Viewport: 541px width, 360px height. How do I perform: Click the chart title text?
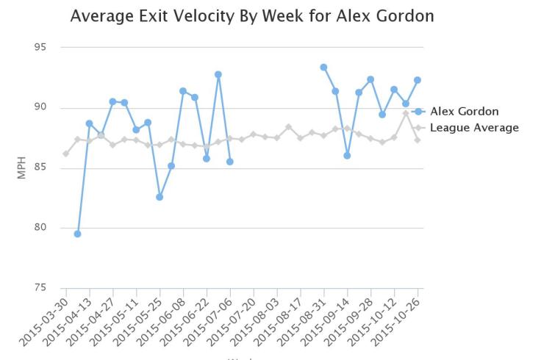252,15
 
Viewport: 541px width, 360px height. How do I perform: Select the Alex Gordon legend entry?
464,112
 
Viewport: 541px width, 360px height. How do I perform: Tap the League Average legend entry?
474,128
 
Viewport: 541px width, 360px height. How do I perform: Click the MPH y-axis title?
21,168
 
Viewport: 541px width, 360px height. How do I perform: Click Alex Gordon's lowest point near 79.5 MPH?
77,234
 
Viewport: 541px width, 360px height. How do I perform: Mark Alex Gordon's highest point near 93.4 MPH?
323,67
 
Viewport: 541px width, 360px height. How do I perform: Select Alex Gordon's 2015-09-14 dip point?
347,155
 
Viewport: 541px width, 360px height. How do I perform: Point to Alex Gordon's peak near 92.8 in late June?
218,74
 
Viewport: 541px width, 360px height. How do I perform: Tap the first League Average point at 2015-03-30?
65,154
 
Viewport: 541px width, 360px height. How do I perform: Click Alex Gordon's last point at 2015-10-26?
418,80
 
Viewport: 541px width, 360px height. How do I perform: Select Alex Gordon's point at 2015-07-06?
230,162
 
